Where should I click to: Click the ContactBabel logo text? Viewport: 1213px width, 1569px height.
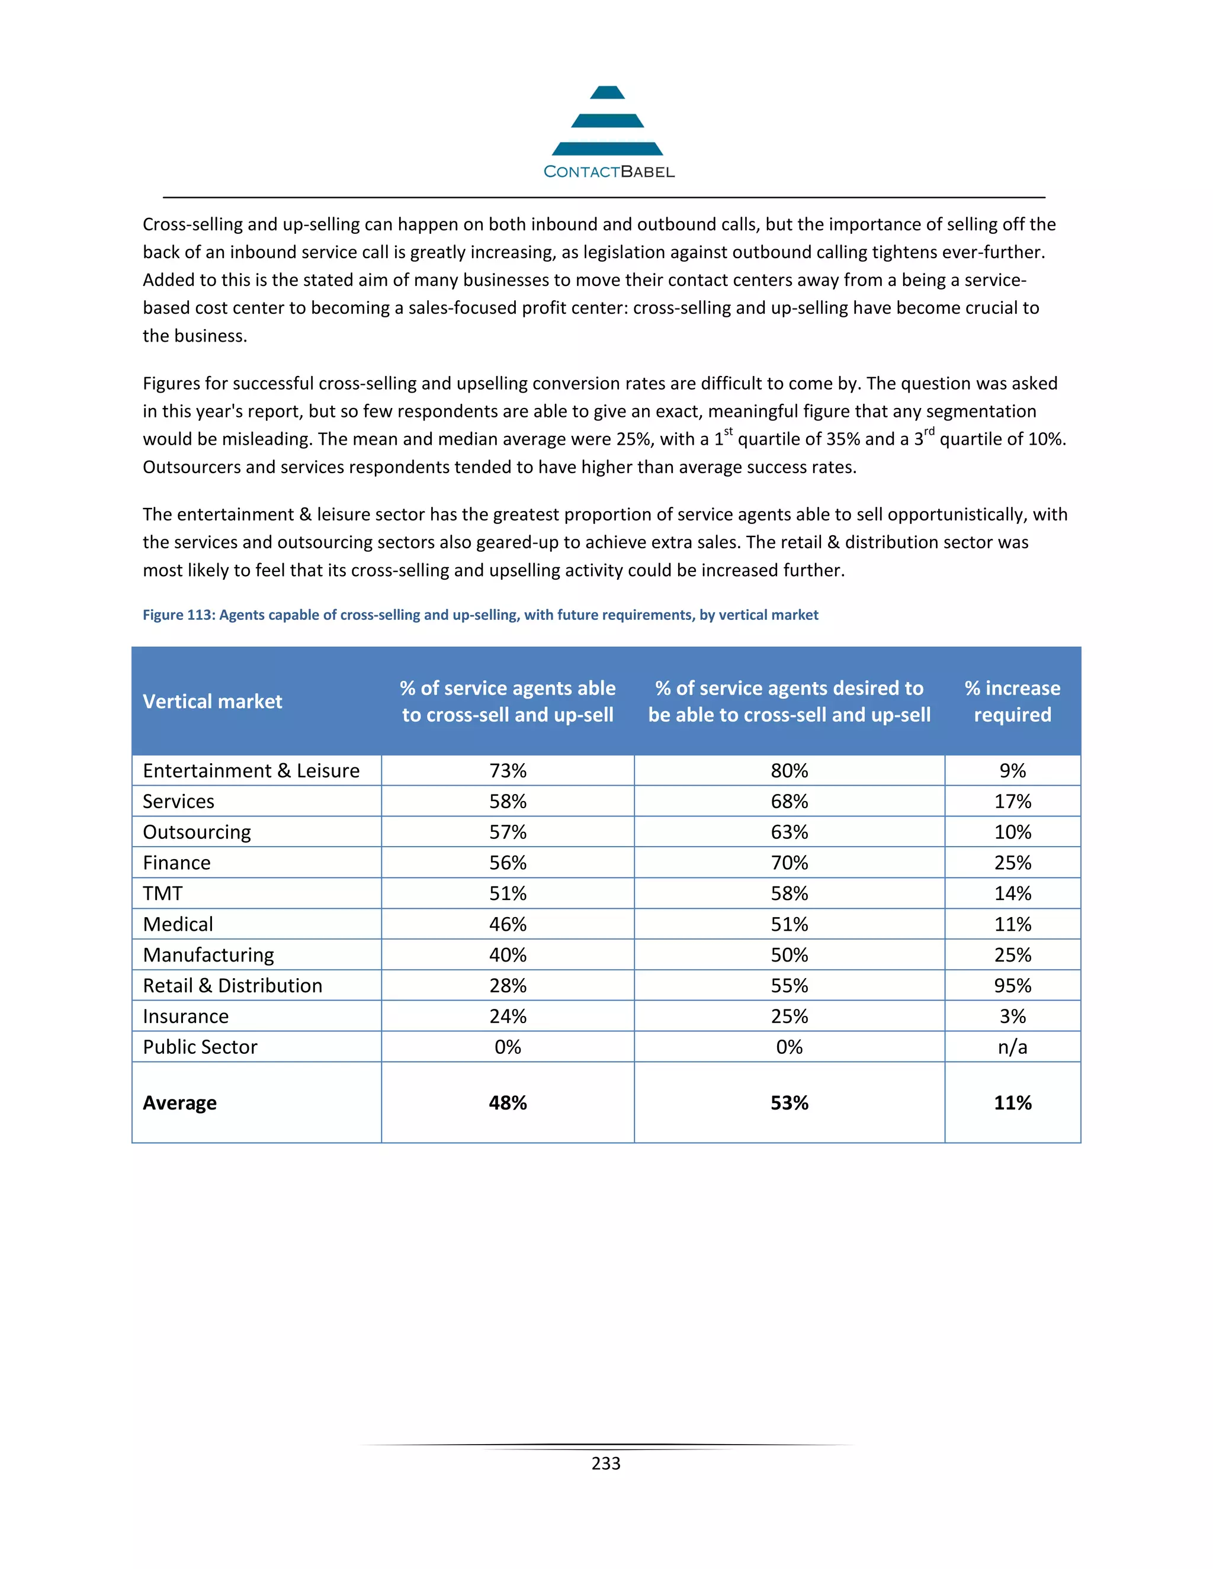pyautogui.click(x=609, y=172)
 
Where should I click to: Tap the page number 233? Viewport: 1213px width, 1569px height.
pyautogui.click(x=606, y=1464)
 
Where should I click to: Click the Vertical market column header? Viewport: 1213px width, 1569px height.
pyautogui.click(x=212, y=701)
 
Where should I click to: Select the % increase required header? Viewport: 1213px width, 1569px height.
pyautogui.click(x=1012, y=701)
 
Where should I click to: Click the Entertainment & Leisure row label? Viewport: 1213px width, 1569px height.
pyautogui.click(x=251, y=771)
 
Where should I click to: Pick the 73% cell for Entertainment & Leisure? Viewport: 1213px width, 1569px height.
pyautogui.click(x=508, y=771)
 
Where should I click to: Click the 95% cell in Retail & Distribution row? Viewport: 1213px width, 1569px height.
pyautogui.click(x=1012, y=986)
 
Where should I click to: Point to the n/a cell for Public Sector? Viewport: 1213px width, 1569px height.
pyautogui.click(x=1012, y=1047)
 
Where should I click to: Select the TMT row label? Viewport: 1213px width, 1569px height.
pyautogui.click(x=163, y=893)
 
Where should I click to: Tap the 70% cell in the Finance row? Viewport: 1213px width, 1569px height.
pyautogui.click(x=789, y=863)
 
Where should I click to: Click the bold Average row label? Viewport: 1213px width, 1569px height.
pyautogui.click(x=179, y=1103)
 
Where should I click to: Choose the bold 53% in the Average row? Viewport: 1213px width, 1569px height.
pyautogui.click(x=789, y=1103)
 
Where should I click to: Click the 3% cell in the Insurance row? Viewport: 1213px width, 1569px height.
pyautogui.click(x=1012, y=1017)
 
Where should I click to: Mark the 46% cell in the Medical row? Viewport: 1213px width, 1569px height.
pyautogui.click(x=508, y=925)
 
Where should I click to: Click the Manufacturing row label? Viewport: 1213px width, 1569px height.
pyautogui.click(x=208, y=956)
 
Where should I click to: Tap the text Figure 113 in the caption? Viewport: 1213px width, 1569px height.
pyautogui.click(x=178, y=615)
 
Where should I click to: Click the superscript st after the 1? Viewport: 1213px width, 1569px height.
pyautogui.click(x=728, y=432)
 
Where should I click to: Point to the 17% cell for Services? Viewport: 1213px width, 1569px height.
pyautogui.click(x=1012, y=802)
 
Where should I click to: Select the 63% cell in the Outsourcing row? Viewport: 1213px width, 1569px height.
pyautogui.click(x=789, y=832)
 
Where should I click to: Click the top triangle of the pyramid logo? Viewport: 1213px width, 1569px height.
pyautogui.click(x=607, y=93)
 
